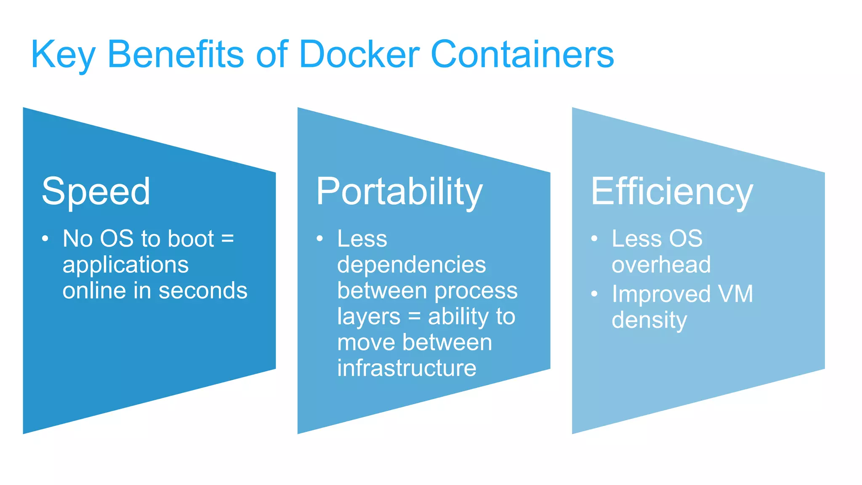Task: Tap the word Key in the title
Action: click(x=63, y=55)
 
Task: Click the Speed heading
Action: click(x=96, y=192)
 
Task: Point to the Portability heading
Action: click(x=399, y=192)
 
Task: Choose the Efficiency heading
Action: click(x=672, y=192)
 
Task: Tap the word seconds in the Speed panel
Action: click(x=203, y=290)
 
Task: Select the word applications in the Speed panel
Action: click(x=125, y=265)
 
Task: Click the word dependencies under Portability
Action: click(x=411, y=265)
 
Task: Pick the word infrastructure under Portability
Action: click(x=407, y=368)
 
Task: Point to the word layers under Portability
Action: click(x=368, y=317)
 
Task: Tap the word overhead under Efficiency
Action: click(x=661, y=265)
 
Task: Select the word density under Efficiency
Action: click(x=649, y=320)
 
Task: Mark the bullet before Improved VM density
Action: click(x=594, y=294)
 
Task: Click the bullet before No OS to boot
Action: click(x=45, y=239)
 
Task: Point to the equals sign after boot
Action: click(x=227, y=239)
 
